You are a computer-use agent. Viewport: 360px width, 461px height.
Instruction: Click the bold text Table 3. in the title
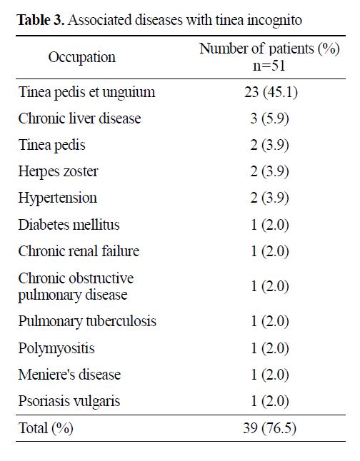[x=41, y=20]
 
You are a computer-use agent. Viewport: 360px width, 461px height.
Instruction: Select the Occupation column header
[x=82, y=57]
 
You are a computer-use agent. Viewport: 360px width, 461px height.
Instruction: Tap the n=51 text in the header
[x=269, y=66]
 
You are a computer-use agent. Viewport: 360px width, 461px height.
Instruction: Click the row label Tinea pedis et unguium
[x=86, y=92]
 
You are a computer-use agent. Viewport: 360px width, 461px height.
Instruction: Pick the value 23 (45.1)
[x=271, y=92]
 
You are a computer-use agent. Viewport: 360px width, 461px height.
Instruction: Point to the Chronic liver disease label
[x=79, y=118]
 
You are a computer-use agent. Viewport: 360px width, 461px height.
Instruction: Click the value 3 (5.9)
[x=269, y=118]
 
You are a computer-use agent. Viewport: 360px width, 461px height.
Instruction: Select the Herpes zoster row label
[x=58, y=171]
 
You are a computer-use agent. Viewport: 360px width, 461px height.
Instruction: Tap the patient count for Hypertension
[x=269, y=198]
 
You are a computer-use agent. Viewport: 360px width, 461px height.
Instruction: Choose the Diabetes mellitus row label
[x=69, y=225]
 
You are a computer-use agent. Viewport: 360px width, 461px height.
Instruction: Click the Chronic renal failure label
[x=79, y=251]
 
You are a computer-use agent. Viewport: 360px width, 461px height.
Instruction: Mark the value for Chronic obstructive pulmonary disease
[x=269, y=286]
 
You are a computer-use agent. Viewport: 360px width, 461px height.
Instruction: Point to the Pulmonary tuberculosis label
[x=87, y=321]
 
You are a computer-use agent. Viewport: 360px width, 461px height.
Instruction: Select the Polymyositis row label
[x=56, y=348]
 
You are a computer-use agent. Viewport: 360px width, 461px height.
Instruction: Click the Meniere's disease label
[x=69, y=375]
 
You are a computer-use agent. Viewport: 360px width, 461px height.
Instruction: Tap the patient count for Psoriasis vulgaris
[x=269, y=401]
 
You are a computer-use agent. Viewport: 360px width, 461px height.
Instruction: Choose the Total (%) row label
[x=46, y=428]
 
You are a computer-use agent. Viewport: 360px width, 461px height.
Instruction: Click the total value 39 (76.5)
[x=269, y=428]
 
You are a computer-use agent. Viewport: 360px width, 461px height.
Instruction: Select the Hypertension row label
[x=57, y=198]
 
